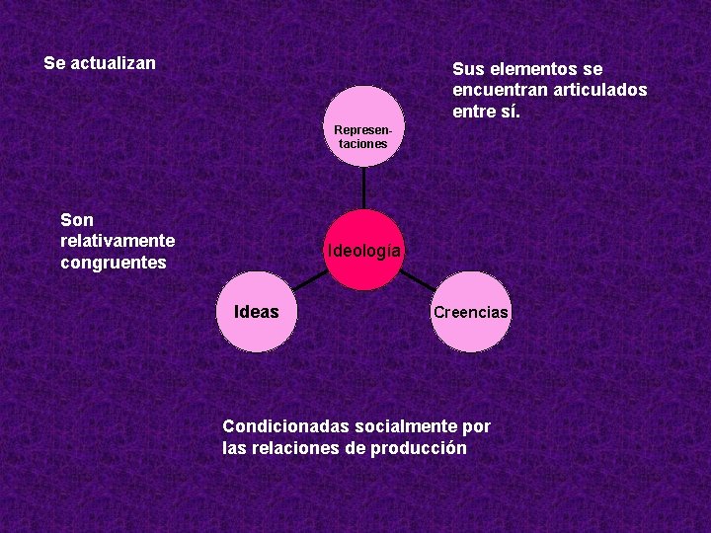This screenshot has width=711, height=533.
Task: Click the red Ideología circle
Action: pyautogui.click(x=364, y=250)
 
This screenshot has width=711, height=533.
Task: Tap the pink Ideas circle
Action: pyautogui.click(x=257, y=312)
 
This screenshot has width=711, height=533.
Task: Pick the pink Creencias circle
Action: pyautogui.click(x=470, y=312)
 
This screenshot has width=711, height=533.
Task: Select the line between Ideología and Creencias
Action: pyautogui.click(x=419, y=280)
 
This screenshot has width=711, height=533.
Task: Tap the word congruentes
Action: pyautogui.click(x=114, y=263)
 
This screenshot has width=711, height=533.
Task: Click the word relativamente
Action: pyautogui.click(x=118, y=241)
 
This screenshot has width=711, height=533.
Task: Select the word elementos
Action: pyautogui.click(x=533, y=69)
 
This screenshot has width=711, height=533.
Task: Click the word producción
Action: pyautogui.click(x=419, y=448)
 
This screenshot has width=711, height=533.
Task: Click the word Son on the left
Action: pyautogui.click(x=77, y=219)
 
